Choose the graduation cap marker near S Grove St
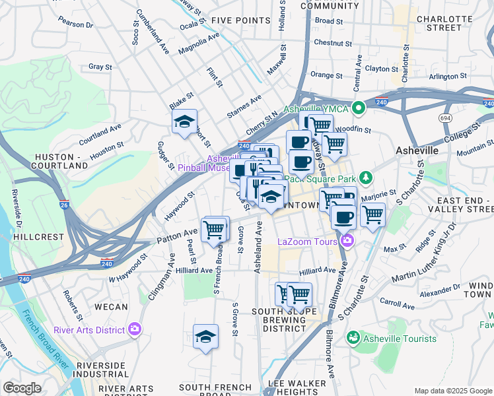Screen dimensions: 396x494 pos(205,337)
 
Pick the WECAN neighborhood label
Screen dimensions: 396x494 pos(110,306)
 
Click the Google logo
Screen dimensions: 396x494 pos(22,388)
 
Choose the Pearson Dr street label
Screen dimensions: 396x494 pos(75,22)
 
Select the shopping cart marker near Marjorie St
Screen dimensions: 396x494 pos(372,215)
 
